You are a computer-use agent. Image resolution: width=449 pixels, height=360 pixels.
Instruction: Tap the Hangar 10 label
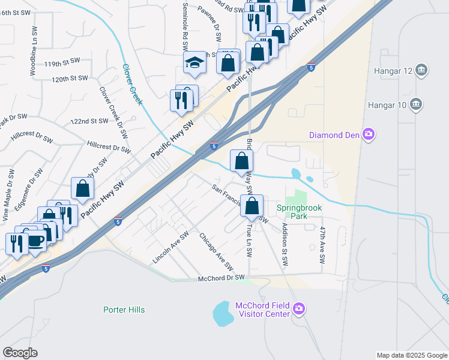(x=390, y=106)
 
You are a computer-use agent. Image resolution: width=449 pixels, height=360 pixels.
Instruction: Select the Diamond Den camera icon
(x=370, y=134)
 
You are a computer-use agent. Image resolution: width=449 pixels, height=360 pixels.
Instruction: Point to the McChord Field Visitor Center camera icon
(x=300, y=310)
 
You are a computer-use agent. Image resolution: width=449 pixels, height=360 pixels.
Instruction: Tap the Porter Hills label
(x=124, y=310)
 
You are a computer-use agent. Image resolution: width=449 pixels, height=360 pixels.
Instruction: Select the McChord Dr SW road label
(x=222, y=278)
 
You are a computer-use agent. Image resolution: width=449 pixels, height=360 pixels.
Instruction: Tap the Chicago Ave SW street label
(x=216, y=253)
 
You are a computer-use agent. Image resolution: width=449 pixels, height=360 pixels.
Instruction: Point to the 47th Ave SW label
(x=322, y=245)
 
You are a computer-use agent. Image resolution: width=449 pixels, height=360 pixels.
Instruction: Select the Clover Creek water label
(x=133, y=84)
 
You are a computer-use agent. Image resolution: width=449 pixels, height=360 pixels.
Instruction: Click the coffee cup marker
(x=36, y=241)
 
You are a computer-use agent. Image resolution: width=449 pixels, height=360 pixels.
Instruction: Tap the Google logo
(x=20, y=353)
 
